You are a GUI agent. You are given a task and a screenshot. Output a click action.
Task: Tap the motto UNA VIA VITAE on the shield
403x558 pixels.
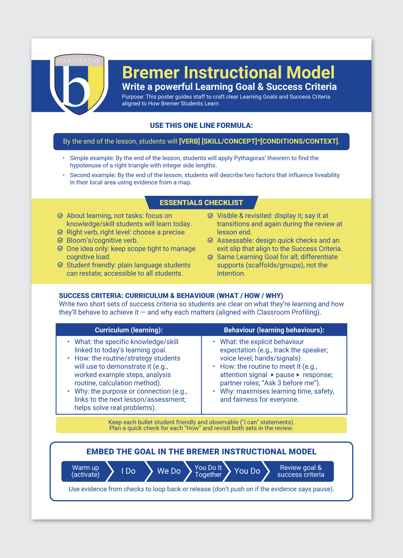tap(79, 60)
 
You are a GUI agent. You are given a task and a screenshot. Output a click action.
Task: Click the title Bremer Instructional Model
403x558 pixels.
tap(228, 73)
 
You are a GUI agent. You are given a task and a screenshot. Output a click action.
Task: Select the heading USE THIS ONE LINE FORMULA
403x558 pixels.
tap(201, 126)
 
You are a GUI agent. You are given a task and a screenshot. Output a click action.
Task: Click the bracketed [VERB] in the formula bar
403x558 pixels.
tap(189, 141)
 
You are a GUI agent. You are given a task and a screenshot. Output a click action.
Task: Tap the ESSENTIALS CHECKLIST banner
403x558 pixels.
tap(201, 203)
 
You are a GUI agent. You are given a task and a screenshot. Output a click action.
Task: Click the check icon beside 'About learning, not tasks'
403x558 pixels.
tap(60, 216)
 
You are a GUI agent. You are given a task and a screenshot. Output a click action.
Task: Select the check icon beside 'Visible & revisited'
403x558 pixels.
tap(210, 216)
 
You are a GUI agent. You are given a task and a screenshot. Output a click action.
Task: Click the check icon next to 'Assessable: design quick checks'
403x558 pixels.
tap(210, 240)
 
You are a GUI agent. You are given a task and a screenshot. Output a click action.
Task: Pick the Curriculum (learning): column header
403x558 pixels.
tap(129, 330)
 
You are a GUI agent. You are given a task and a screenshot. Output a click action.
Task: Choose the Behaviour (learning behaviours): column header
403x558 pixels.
tap(274, 330)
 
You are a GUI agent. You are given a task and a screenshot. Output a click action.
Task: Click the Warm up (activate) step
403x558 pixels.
tap(85, 471)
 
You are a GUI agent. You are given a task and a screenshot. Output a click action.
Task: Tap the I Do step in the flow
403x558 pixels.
tap(128, 471)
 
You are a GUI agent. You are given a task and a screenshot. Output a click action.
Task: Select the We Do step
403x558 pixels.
tap(169, 471)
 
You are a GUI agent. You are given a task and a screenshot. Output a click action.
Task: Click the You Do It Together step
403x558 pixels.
tap(208, 471)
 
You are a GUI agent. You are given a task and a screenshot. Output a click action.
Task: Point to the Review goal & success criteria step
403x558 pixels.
tap(301, 471)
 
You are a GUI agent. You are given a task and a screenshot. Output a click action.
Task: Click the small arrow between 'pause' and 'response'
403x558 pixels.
tap(298, 375)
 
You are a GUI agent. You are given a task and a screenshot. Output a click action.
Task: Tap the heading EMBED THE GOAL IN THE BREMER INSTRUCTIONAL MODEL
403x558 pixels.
tap(201, 452)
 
